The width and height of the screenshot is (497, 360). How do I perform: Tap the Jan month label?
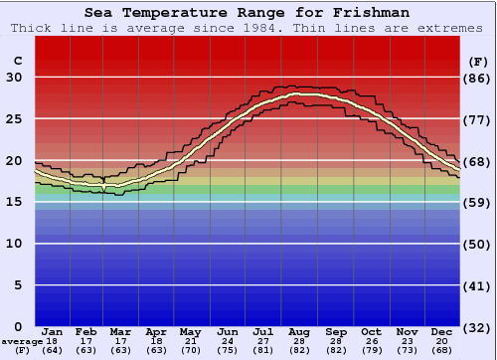pos(53,331)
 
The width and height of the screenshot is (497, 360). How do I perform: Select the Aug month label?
pos(299,331)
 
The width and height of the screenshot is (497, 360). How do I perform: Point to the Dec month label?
pos(441,331)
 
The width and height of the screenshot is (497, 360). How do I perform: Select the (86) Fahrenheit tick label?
pos(477,78)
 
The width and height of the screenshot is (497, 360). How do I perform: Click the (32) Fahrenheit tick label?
pos(477,326)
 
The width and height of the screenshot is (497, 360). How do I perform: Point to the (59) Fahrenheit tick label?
pos(477,202)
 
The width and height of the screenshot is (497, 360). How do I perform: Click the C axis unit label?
pos(17,61)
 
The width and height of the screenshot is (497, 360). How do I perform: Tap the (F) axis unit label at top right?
pos(476,61)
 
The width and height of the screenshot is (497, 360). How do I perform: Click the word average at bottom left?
pos(22,341)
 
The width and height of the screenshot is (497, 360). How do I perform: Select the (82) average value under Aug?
pos(299,350)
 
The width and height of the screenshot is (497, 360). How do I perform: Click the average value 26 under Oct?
pos(371,341)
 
